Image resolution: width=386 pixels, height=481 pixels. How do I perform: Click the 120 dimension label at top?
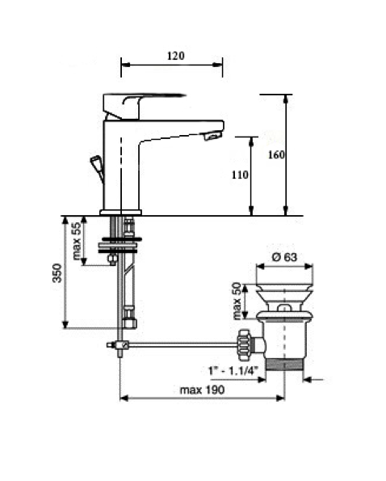(x=176, y=56)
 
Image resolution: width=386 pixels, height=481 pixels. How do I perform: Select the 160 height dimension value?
(x=276, y=155)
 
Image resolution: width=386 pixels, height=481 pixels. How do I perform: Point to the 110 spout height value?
(x=240, y=175)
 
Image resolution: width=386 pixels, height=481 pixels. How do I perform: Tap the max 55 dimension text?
(x=77, y=241)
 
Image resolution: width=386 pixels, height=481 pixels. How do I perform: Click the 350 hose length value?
(x=57, y=272)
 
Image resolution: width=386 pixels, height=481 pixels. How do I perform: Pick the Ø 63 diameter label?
(x=284, y=257)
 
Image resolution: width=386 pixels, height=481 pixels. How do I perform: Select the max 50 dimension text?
(x=237, y=301)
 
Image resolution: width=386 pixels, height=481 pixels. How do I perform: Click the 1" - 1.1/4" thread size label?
(x=233, y=370)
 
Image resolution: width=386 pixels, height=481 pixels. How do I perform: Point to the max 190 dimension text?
(x=202, y=390)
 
